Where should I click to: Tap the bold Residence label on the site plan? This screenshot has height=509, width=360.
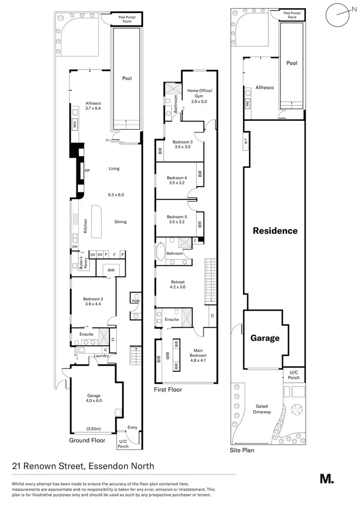pos(275,231)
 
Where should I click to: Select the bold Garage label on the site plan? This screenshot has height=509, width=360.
pos(265,338)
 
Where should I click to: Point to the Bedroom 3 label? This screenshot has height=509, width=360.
pos(182,144)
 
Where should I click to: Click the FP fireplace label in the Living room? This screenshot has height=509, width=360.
pos(87,170)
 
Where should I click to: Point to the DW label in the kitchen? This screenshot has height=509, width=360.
pos(75,247)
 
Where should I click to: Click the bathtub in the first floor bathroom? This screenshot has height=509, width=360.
pos(161,253)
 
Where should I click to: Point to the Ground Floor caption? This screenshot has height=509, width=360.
pos(87,440)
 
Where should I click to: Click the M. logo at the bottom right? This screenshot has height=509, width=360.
pos(326,478)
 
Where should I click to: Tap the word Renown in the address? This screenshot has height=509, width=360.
pos(50,466)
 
